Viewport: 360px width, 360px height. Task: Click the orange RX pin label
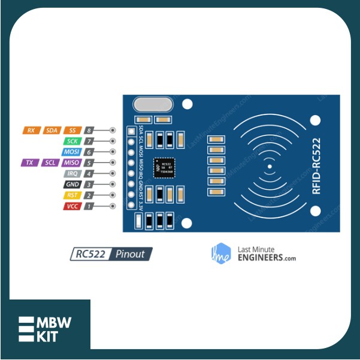31,130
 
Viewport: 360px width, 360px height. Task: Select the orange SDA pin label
52,130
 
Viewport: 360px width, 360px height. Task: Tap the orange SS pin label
72,130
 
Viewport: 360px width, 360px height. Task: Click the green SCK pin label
72,141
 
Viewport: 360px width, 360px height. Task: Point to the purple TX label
28,162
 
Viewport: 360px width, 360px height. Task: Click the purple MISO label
72,162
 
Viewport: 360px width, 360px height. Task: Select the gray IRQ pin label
72,173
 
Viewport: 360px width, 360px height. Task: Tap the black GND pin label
72,184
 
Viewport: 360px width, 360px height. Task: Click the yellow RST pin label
72,195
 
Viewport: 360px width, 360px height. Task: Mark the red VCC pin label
72,205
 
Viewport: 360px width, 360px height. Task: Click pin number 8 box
89,130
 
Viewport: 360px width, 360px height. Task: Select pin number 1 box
89,205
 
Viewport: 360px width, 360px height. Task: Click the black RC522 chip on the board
165,167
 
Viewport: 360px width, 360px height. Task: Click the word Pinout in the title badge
130,254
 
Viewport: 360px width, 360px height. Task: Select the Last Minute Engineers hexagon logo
222,253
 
